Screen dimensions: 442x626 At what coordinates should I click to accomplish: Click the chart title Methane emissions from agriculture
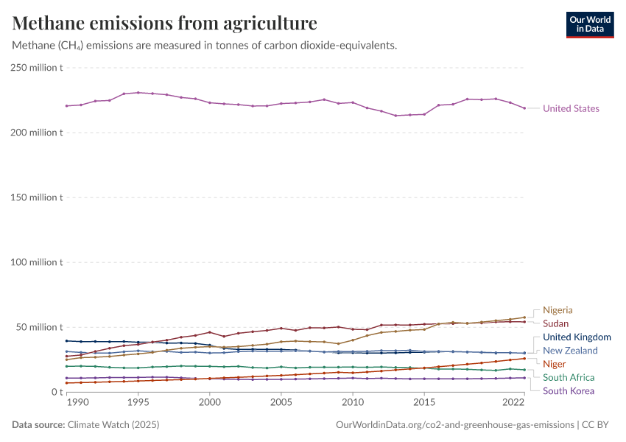pyautogui.click(x=165, y=23)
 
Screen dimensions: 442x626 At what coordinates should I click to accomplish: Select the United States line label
pyautogui.click(x=571, y=108)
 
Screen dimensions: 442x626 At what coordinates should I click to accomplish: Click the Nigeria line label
pyautogui.click(x=558, y=310)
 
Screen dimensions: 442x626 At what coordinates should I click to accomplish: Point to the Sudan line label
pyautogui.click(x=555, y=323)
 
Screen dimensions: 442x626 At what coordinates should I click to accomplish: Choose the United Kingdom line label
pyautogui.click(x=577, y=337)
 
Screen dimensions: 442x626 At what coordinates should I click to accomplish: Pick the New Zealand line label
pyautogui.click(x=570, y=350)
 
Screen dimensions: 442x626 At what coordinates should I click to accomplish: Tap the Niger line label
pyautogui.click(x=554, y=364)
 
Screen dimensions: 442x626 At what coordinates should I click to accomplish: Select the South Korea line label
pyautogui.click(x=569, y=390)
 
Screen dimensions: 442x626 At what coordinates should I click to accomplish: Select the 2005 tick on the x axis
pyautogui.click(x=281, y=403)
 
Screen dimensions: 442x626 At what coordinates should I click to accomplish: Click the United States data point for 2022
pyautogui.click(x=524, y=108)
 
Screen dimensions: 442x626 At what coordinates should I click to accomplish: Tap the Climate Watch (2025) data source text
pyautogui.click(x=113, y=425)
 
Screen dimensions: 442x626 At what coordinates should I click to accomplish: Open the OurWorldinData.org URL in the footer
pyautogui.click(x=454, y=425)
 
